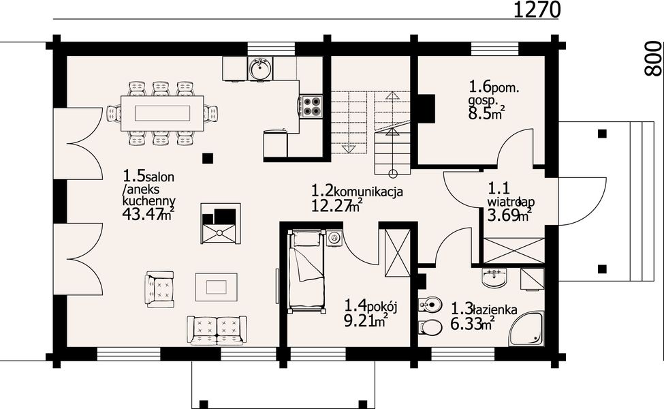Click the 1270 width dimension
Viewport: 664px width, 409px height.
(537, 10)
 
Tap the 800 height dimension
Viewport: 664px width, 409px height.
(652, 59)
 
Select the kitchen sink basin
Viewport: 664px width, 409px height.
(260, 67)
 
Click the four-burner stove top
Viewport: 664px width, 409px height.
(312, 106)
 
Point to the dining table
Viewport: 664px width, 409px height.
(162, 114)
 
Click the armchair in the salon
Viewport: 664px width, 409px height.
(159, 290)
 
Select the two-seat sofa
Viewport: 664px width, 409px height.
(217, 330)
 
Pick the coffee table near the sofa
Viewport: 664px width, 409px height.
(217, 287)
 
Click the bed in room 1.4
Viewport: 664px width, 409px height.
(306, 272)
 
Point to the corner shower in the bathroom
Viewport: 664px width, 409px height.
(527, 328)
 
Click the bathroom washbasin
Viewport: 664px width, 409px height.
(494, 277)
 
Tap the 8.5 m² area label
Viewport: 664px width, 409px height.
(486, 114)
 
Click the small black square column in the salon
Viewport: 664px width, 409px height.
(207, 158)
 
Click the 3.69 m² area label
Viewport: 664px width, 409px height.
(509, 215)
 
